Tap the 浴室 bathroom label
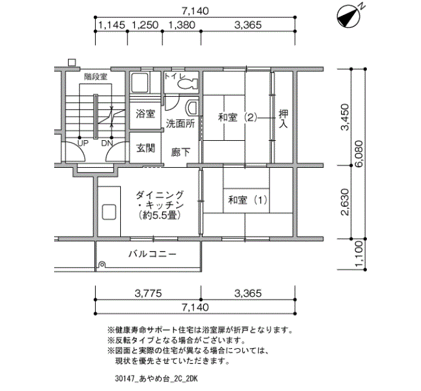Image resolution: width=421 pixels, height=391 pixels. [145, 114]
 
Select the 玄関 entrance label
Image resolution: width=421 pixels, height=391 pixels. [145, 147]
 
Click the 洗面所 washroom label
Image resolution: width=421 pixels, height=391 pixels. [180, 124]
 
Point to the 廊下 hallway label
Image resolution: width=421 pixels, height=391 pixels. [181, 152]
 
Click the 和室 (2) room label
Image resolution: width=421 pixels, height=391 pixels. [237, 118]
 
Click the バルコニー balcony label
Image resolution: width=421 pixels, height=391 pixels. [152, 254]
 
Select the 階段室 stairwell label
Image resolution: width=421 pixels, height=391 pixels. [95, 76]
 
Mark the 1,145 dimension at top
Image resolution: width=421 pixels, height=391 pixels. [111, 25]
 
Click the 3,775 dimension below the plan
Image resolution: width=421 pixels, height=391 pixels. [148, 294]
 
